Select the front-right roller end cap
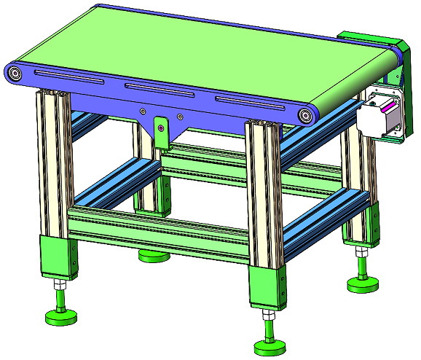pos(307,114)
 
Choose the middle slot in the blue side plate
pos(157,90)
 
